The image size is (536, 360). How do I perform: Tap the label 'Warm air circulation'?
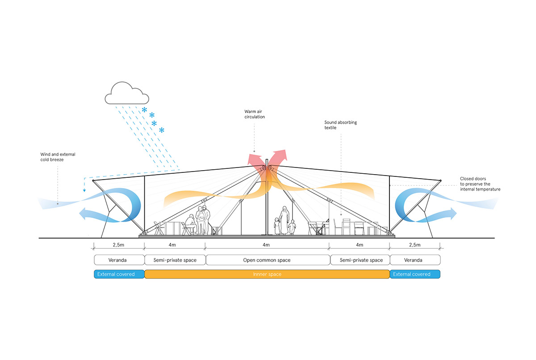(x=255, y=114)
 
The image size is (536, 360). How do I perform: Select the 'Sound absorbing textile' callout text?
(x=341, y=125)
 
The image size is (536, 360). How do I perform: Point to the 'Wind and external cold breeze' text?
(x=58, y=157)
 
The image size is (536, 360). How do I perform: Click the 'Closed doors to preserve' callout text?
(x=480, y=184)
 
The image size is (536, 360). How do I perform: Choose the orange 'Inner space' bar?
(x=267, y=274)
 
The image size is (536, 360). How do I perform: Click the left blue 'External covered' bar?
(x=119, y=274)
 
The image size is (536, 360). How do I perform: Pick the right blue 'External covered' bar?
(x=415, y=274)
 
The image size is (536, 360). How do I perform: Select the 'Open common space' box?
(x=267, y=260)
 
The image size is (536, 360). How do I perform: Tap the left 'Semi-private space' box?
(x=175, y=260)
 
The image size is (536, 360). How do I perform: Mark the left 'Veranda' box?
(x=119, y=260)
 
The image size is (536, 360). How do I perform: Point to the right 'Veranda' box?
(x=415, y=260)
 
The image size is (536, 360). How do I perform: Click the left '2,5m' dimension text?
(x=119, y=245)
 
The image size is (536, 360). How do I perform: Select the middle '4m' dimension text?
(x=267, y=245)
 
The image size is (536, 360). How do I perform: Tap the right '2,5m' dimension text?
(x=415, y=245)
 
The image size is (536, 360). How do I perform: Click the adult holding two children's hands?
(x=284, y=219)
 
